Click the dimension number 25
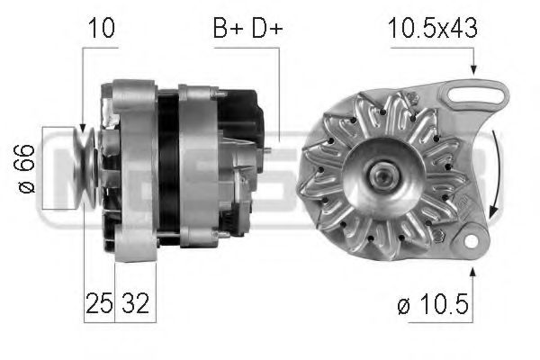[x=98, y=304]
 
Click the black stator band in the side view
[x=167, y=166]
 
